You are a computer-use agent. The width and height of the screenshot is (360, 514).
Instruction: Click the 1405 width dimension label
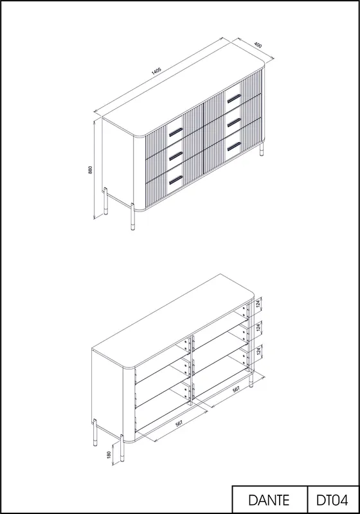[x=156, y=71]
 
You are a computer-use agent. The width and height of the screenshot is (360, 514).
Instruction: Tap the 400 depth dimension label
[x=258, y=45]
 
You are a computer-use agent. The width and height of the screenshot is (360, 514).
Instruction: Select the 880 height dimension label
[x=91, y=170]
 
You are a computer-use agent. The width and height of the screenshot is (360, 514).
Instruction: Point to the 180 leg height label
[x=109, y=454]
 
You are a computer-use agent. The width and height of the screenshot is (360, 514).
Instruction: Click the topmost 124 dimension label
[x=258, y=304]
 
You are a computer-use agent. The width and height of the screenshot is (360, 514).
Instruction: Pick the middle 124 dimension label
[x=258, y=327]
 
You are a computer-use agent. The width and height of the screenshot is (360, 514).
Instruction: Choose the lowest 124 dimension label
[x=258, y=351]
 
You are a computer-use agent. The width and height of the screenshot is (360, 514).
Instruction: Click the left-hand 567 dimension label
[x=179, y=423]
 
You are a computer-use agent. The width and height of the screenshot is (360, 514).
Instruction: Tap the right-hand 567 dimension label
[x=236, y=389]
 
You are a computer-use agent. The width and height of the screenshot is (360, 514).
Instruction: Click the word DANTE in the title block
[x=269, y=501]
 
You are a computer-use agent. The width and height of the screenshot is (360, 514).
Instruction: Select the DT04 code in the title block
[x=332, y=501]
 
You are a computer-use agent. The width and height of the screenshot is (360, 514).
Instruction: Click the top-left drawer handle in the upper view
[x=175, y=132]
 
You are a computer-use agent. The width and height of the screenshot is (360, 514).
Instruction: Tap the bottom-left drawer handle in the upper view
[x=175, y=180]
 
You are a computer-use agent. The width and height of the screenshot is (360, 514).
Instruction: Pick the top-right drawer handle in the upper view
[x=234, y=98]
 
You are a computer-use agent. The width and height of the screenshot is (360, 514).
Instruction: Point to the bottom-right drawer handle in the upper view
[x=234, y=147]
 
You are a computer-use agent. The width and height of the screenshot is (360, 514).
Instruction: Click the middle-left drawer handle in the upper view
[x=175, y=156]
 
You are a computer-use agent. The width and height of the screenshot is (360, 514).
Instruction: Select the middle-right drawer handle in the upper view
[x=234, y=122]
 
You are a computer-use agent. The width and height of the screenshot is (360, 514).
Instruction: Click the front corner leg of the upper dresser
[x=132, y=217]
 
